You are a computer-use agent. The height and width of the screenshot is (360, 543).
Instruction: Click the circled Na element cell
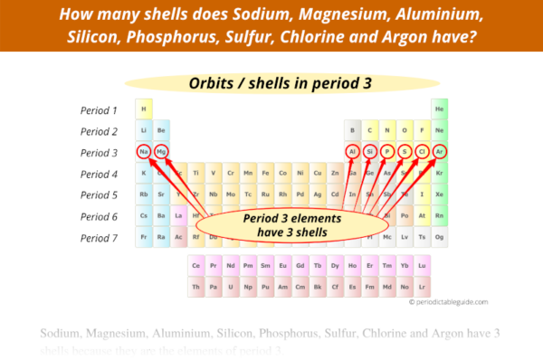(x=144, y=151)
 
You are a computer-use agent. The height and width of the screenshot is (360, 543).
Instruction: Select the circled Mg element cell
(x=161, y=151)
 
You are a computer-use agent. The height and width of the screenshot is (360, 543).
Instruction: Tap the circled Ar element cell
(x=440, y=151)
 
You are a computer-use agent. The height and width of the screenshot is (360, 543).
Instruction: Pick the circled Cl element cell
(x=423, y=151)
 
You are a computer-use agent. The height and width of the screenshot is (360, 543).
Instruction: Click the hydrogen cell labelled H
(x=144, y=109)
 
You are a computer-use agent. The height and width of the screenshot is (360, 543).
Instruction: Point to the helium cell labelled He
(x=440, y=109)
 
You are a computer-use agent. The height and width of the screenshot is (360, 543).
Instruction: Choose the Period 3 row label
(x=100, y=152)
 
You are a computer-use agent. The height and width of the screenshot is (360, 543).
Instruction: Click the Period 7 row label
(x=100, y=238)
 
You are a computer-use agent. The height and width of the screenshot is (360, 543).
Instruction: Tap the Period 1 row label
(x=100, y=109)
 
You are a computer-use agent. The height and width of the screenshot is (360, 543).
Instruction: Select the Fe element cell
(x=266, y=173)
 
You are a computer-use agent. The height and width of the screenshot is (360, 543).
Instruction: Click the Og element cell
(x=440, y=237)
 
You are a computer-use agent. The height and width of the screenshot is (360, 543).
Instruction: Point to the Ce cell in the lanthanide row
(x=195, y=266)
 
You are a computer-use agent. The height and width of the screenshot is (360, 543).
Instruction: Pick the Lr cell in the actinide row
(x=423, y=286)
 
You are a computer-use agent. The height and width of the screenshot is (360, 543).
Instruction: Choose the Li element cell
(x=144, y=130)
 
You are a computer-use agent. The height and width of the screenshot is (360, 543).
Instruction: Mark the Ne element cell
(x=440, y=130)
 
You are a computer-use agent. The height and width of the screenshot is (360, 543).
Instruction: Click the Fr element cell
(x=144, y=237)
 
